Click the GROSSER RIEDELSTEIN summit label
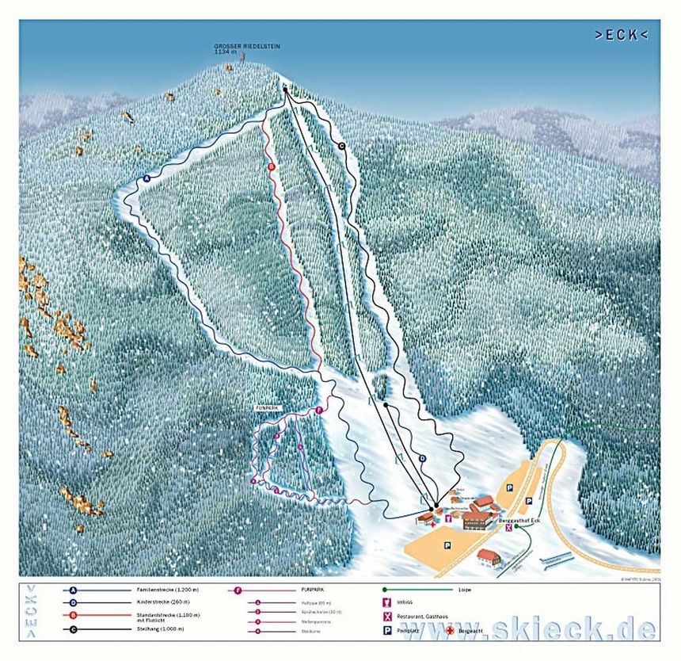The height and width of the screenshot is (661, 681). tap(247, 48)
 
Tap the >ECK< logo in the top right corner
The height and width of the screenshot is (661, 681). tap(621, 35)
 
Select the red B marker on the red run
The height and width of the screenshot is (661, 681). tap(271, 167)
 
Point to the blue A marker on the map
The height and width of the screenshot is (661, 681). tap(146, 179)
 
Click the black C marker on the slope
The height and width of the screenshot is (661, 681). tap(342, 146)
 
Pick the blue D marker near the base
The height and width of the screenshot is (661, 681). tap(422, 458)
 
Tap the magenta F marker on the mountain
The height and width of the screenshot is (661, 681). tap(318, 410)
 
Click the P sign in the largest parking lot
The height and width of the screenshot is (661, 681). tap(447, 544)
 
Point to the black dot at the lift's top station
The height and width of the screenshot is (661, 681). tap(285, 90)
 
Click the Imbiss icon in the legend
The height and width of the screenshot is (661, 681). tap(387, 603)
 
